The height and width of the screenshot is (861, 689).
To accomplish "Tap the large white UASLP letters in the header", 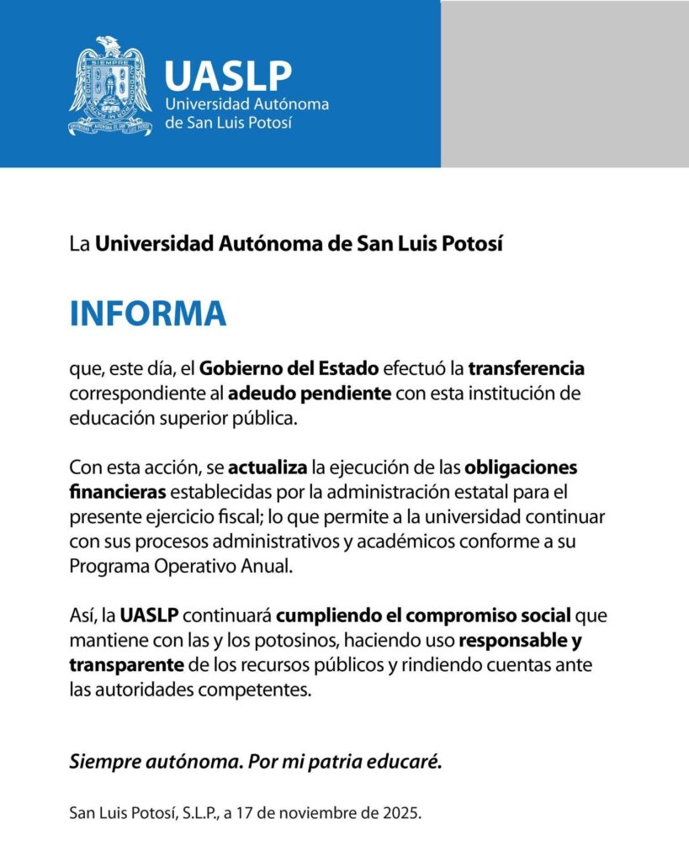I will click(228, 76).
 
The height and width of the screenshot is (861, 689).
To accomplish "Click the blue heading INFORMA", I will click(147, 313).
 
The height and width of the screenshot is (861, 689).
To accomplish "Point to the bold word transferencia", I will click(526, 368).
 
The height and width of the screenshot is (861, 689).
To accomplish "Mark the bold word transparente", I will click(127, 665).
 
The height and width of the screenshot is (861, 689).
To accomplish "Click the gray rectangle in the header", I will click(564, 83).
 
